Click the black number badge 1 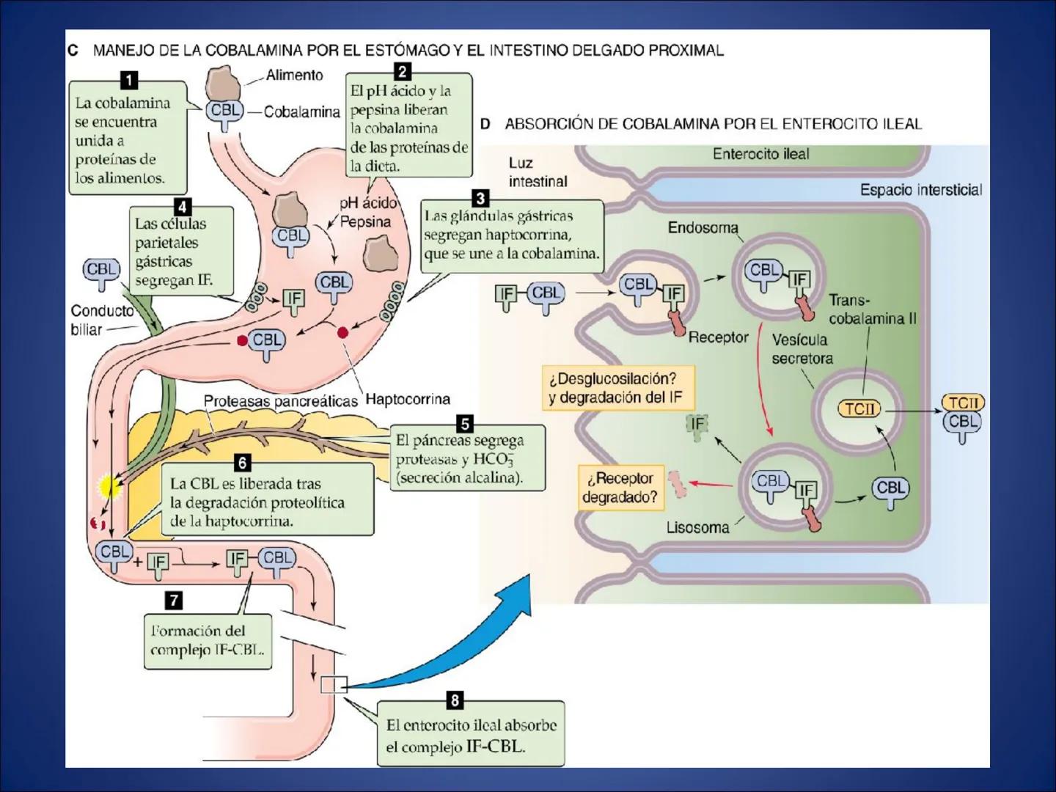coord(129,80)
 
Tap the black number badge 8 coord(454,701)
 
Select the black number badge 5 coord(464,424)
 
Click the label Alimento coord(294,75)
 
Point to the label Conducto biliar coord(102,320)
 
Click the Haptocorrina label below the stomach coord(408,400)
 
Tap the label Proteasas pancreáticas coord(280,401)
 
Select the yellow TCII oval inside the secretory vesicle coord(859,408)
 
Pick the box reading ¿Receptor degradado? coord(620,488)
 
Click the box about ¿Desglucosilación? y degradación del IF coord(617,388)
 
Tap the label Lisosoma coord(697,527)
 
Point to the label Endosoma coord(703,228)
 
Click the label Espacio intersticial coord(920,190)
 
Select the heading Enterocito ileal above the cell coord(760,154)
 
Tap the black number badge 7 coord(173,601)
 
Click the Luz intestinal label coord(538,172)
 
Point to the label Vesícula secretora coord(802,349)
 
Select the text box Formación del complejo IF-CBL coord(208,640)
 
